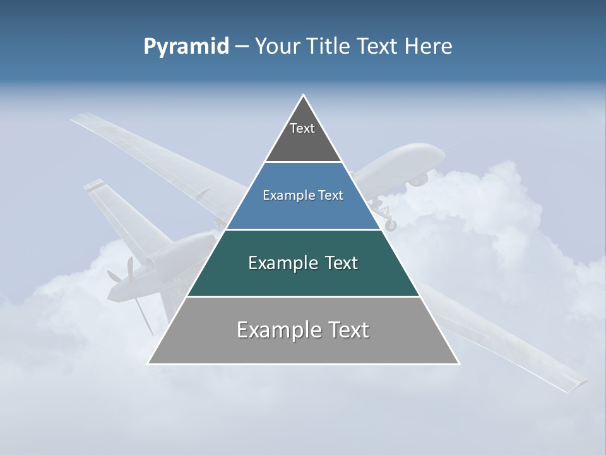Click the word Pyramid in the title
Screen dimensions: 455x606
point(186,47)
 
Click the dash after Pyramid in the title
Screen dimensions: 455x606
point(242,47)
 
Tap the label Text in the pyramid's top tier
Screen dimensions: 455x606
point(302,128)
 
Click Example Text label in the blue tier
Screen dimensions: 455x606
point(303,195)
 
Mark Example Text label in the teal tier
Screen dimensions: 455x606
point(303,263)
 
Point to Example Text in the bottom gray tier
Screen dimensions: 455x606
point(303,330)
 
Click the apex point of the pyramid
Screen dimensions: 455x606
point(304,95)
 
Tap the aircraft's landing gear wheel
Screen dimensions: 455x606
point(391,224)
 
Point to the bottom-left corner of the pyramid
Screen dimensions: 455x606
point(148,363)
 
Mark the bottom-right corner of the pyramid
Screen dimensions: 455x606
point(459,363)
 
